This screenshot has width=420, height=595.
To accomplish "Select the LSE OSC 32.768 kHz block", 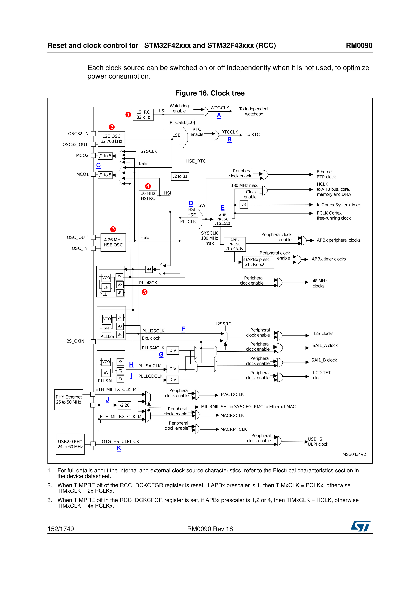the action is [111, 139].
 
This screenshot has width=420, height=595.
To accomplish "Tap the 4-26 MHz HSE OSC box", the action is [113, 242].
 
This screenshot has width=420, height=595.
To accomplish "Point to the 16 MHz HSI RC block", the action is [148, 196].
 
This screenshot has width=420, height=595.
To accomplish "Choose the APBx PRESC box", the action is [235, 244].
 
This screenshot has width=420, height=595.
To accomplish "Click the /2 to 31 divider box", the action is [180, 176].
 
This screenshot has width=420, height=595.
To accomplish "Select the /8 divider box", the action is [244, 204].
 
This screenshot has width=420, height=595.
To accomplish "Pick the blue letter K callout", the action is [119, 448].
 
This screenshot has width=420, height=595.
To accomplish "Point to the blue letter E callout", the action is [223, 208].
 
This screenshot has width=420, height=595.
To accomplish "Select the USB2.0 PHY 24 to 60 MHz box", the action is [70, 444].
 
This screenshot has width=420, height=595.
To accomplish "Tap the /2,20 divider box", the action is [125, 405].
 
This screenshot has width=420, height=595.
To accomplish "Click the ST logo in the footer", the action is [361, 526].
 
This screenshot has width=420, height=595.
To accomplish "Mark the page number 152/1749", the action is [61, 529].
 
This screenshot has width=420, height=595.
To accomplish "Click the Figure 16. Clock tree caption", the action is [210, 93].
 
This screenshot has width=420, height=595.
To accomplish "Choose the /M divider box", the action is [149, 269].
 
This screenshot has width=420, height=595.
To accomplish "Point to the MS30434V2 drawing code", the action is [354, 454].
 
